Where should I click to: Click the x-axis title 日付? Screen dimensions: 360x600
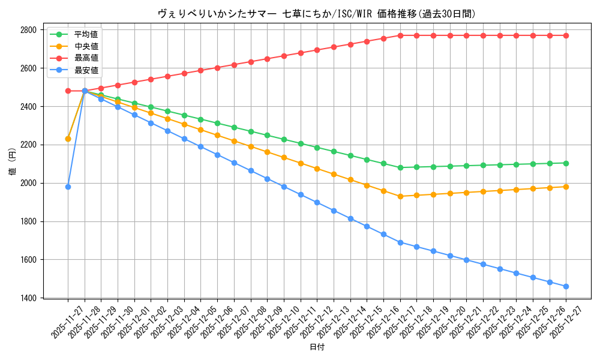click(317, 347)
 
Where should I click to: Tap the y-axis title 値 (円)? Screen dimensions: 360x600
click(13, 163)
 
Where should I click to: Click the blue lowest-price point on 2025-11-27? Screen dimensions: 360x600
click(68, 187)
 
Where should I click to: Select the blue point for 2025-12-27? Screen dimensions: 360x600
click(566, 286)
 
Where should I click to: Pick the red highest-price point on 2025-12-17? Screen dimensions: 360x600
click(400, 35)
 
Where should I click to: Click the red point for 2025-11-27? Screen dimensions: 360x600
click(68, 91)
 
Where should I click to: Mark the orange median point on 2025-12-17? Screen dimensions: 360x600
click(400, 196)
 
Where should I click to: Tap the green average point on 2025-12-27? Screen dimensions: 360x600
click(566, 163)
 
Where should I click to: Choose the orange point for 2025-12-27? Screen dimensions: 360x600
click(566, 187)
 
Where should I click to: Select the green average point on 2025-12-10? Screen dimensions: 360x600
click(284, 139)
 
